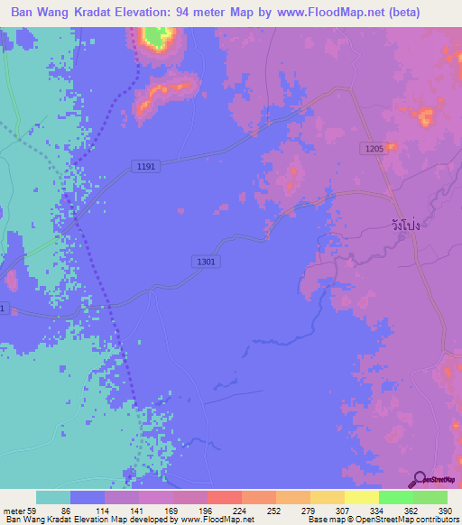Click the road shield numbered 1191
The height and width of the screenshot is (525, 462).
(x=144, y=166)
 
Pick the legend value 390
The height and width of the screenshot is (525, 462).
(x=444, y=510)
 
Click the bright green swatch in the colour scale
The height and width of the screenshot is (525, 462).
(x=395, y=497)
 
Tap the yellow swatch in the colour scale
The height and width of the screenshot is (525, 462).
(x=361, y=497)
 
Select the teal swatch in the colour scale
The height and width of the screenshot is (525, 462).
(x=52, y=497)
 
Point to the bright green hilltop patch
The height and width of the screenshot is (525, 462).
(x=159, y=38)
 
